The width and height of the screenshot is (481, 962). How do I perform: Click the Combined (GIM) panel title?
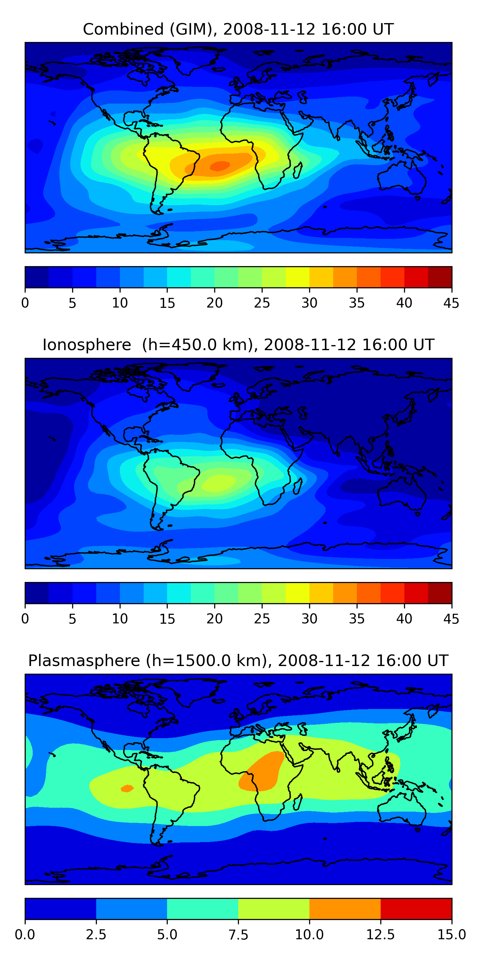238,29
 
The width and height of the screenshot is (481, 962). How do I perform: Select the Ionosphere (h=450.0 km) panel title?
238,345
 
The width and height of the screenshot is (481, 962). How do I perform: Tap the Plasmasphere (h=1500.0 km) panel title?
238,661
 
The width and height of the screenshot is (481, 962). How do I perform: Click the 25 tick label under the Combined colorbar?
262,303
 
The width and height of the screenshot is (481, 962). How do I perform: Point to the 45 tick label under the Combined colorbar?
451,303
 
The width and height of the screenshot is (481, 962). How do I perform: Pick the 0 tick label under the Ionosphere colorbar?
25,619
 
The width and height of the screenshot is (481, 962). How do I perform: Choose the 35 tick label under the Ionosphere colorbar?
357,619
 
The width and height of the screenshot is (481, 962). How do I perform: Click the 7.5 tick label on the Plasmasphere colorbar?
238,935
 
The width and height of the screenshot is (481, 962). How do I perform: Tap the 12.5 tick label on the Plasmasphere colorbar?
381,935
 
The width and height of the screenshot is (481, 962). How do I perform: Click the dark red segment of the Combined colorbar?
440,277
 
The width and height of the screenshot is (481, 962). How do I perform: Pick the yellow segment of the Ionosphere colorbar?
298,593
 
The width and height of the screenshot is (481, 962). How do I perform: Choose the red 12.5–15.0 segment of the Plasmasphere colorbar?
416,908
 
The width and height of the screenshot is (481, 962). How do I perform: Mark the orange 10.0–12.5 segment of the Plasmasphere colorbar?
345,908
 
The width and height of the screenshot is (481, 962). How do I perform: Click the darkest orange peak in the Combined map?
220,166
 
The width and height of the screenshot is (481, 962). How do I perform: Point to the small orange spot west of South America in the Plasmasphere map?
127,788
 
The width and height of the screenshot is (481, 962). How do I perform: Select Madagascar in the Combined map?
298,170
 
